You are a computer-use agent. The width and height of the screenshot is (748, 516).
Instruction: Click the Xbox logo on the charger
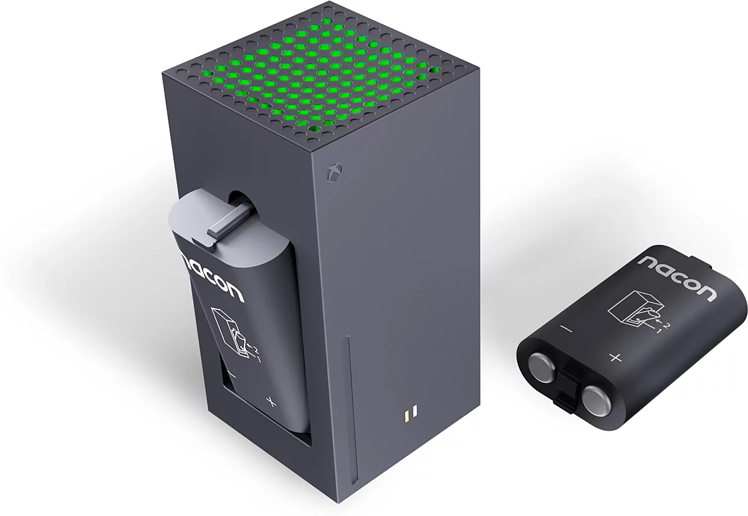point(335,172)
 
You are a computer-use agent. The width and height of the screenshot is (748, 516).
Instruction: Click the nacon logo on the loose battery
point(676,278)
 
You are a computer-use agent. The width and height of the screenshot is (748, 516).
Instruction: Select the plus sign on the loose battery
point(615,358)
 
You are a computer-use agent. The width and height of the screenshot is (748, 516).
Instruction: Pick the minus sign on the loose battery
point(567,330)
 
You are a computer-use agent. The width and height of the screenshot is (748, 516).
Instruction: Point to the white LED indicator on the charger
point(415,411)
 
